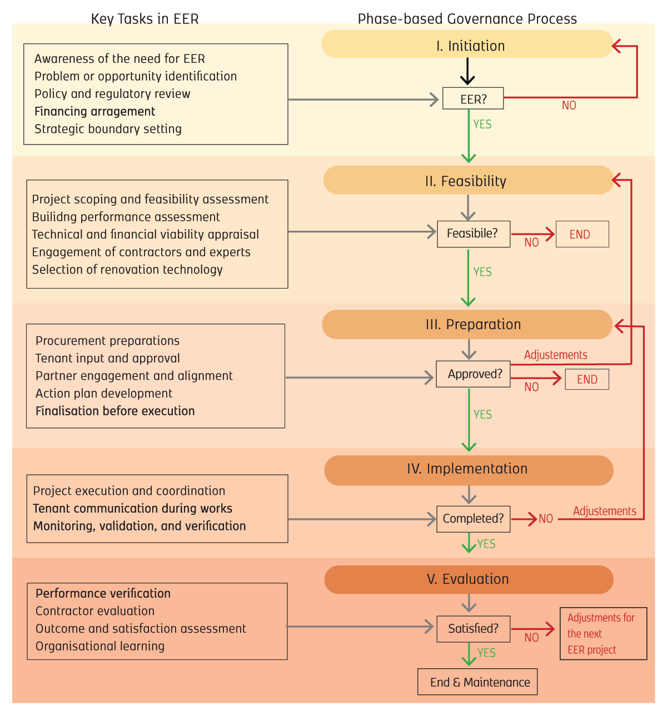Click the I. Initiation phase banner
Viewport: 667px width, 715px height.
click(467, 44)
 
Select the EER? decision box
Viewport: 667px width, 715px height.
click(472, 98)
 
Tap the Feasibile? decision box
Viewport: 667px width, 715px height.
click(474, 234)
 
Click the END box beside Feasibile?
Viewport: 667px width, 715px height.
click(582, 234)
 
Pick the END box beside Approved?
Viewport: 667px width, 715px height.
click(587, 379)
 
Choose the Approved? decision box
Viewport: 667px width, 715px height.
click(473, 374)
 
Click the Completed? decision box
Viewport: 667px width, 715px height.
click(473, 519)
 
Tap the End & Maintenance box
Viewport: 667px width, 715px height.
click(477, 682)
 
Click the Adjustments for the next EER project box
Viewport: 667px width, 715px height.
click(603, 634)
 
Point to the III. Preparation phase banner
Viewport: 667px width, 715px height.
click(467, 324)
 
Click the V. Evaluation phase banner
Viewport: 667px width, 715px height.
click(469, 579)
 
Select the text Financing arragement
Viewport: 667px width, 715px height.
click(94, 112)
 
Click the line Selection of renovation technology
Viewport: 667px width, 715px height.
click(127, 270)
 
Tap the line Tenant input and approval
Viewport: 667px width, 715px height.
click(108, 358)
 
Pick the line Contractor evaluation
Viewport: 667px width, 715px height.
click(95, 611)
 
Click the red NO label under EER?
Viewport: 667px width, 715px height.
click(569, 106)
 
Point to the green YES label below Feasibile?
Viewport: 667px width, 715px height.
click(482, 272)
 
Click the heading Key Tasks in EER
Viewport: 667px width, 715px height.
click(145, 19)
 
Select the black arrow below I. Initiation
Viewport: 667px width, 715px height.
click(467, 71)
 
